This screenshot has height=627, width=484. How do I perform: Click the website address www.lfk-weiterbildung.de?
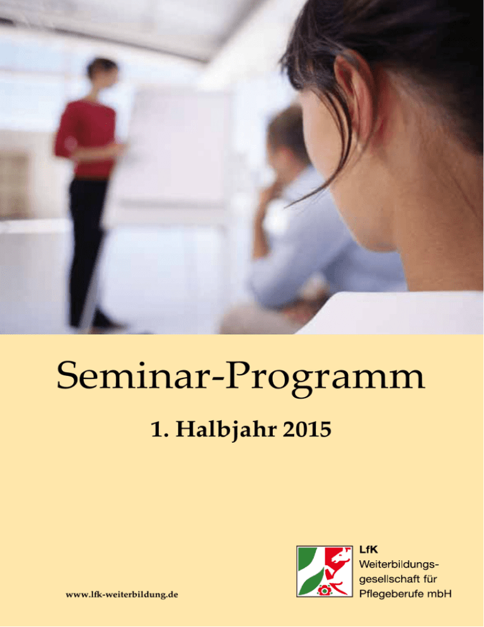coord(122,595)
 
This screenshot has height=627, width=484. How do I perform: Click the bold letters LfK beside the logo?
coord(369,550)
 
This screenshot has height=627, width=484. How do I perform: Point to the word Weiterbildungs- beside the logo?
coord(399,565)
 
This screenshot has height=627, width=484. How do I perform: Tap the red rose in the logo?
coord(324,590)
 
